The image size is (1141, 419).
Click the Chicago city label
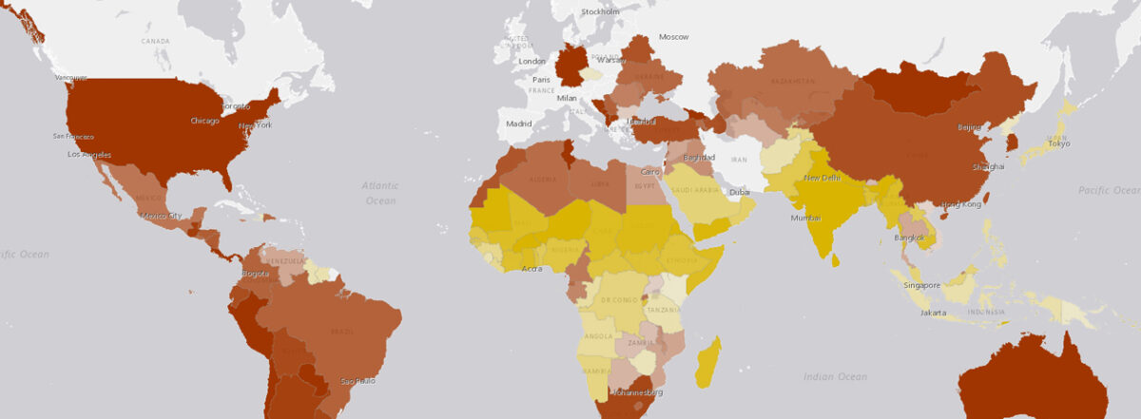coord(204,121)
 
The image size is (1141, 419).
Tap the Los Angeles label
coord(89,154)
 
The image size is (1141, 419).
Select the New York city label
coord(255,124)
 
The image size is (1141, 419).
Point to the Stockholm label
coord(600,11)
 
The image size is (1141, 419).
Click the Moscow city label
coord(673,36)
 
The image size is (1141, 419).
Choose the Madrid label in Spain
coord(518,124)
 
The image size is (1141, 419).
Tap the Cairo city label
coord(651,172)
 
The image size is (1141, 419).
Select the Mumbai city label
coord(804,218)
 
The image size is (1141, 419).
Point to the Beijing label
coord(969,127)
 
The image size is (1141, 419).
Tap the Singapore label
coord(922,285)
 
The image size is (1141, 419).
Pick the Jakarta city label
coord(933,312)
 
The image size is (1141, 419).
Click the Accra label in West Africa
coord(533,269)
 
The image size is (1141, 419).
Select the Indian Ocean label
coord(835,377)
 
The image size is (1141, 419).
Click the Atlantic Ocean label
coord(380,194)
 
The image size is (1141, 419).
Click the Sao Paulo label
coord(358,381)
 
